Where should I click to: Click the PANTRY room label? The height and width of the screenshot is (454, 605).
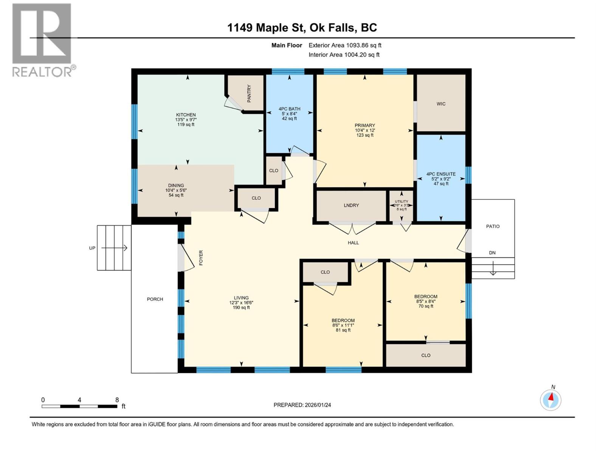(249, 93)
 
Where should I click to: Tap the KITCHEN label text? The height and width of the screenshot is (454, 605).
(186, 115)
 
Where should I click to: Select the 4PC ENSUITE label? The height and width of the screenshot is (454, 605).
(441, 174)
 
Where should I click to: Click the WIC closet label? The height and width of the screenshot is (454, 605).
(441, 104)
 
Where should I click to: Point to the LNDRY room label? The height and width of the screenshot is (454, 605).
(351, 205)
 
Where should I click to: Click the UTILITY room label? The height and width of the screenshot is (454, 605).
(401, 201)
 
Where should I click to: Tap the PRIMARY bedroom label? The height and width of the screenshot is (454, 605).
(365, 125)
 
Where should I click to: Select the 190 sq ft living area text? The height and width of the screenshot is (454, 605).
(241, 308)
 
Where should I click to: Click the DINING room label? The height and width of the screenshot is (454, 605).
(176, 185)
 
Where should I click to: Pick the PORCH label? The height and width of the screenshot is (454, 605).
(155, 299)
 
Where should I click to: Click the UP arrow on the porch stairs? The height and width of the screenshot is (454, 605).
(114, 248)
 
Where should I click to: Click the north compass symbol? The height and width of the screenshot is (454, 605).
(551, 400)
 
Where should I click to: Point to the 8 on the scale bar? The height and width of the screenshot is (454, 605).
(117, 400)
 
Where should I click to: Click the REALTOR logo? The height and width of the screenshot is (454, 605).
(42, 40)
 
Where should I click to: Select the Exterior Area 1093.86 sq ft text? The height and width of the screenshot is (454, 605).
(344, 45)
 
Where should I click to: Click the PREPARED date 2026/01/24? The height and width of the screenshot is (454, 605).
(302, 405)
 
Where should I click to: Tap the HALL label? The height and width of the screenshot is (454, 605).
(353, 243)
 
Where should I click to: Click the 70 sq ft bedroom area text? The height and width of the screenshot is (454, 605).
(426, 306)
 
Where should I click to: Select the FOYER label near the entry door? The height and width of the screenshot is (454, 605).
(201, 257)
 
